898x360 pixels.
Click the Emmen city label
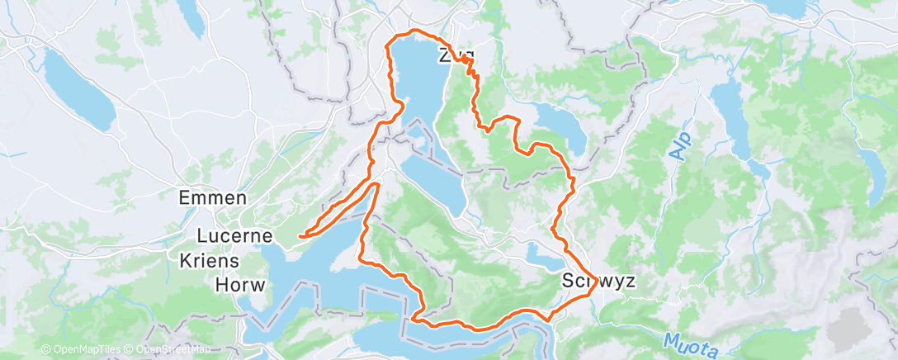click(213, 198)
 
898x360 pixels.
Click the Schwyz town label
click(598, 281)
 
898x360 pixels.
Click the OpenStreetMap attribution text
click(168, 350)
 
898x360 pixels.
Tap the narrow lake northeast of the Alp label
click(730, 111)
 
